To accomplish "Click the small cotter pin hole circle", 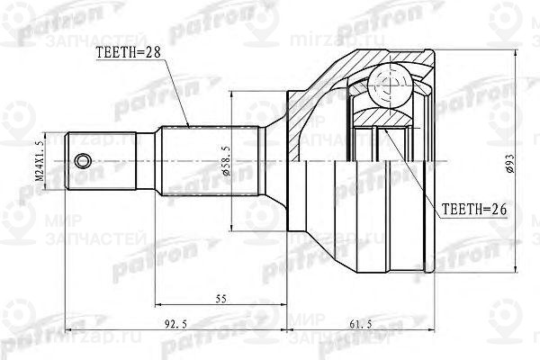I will tap(83, 161).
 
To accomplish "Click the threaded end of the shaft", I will tap(99, 161).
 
